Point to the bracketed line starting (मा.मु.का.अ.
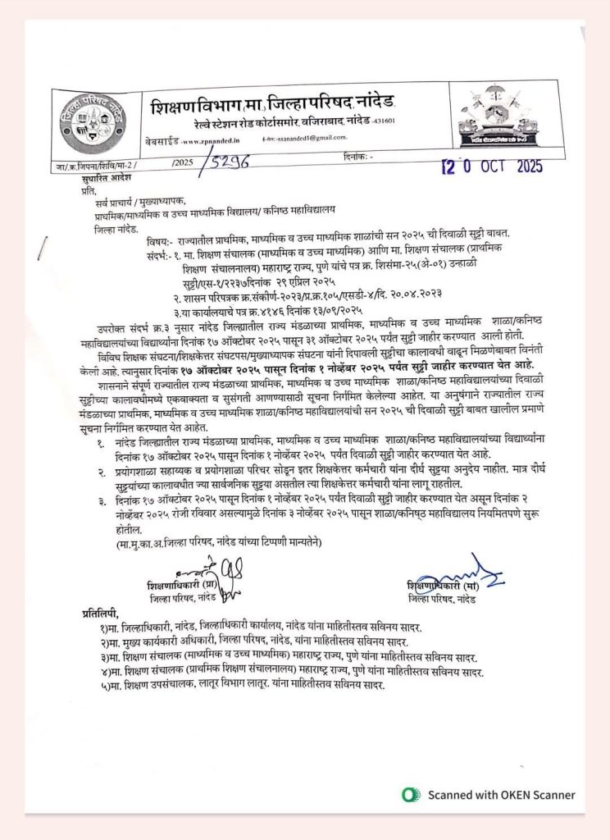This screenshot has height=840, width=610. pyautogui.click(x=214, y=542)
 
